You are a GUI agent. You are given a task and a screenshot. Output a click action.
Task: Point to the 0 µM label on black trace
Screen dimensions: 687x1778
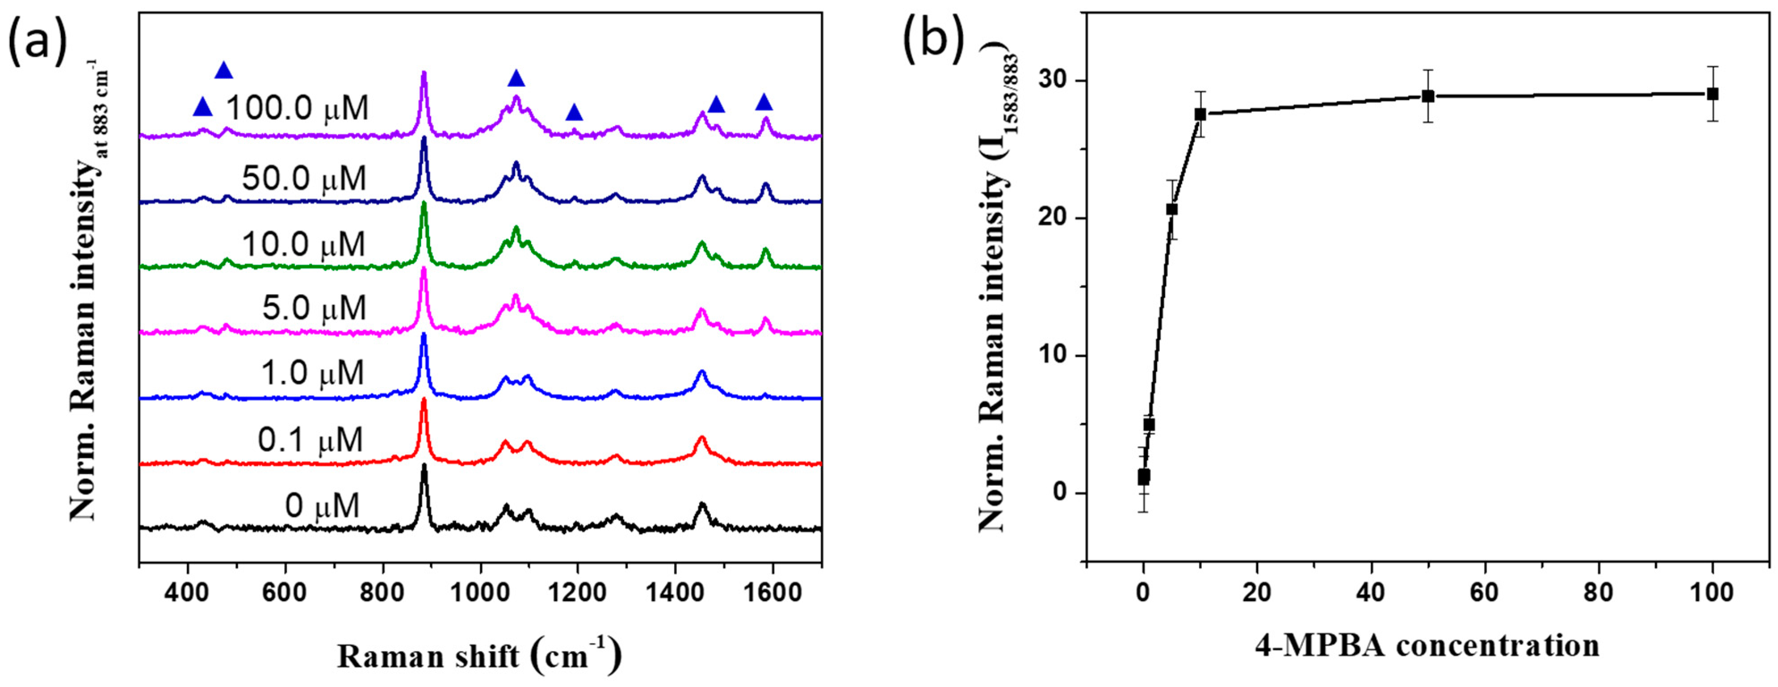point(322,506)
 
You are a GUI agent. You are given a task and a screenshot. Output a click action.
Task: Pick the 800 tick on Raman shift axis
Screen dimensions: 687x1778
point(382,592)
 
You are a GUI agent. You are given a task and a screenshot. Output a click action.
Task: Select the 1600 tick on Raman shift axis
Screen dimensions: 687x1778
point(773,592)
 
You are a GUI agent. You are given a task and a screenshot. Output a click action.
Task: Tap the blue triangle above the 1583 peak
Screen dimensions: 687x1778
point(764,103)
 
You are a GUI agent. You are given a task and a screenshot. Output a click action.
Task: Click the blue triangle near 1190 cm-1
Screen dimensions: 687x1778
point(574,113)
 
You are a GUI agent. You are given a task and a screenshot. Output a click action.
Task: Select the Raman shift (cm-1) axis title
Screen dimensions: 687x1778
point(479,655)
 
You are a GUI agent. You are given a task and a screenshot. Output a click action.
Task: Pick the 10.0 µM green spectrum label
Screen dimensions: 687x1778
point(304,244)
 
